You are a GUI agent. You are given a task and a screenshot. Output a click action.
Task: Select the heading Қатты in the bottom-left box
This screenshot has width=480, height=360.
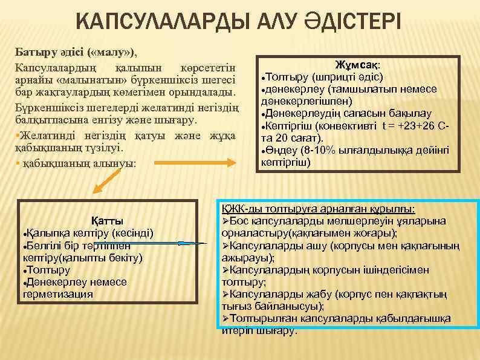107,220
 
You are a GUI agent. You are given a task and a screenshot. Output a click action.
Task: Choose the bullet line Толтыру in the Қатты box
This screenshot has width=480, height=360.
48,270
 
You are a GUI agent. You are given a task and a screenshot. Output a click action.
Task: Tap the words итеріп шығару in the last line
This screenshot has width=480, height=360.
260,331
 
